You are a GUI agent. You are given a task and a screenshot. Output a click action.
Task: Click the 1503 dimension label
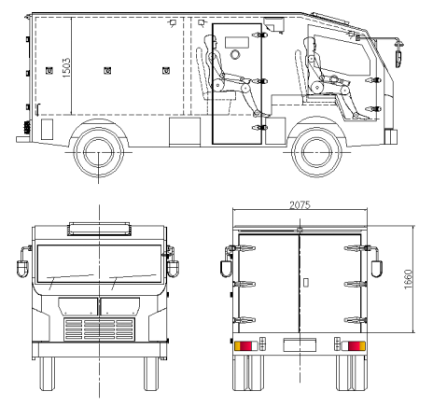66,67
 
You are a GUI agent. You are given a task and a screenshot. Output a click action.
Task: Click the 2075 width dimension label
300,205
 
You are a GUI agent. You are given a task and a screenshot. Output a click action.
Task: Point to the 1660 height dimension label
408,279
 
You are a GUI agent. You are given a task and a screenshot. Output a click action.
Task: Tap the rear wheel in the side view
99,152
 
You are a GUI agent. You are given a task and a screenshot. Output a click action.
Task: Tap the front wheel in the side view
316,152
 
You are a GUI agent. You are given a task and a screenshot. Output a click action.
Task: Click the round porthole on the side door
235,54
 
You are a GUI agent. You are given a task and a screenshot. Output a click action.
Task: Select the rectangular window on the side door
237,42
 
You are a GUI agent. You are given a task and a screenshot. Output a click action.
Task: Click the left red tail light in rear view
245,346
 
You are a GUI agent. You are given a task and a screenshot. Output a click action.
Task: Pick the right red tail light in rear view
354,346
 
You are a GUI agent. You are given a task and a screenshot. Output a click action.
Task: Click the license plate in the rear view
300,344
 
